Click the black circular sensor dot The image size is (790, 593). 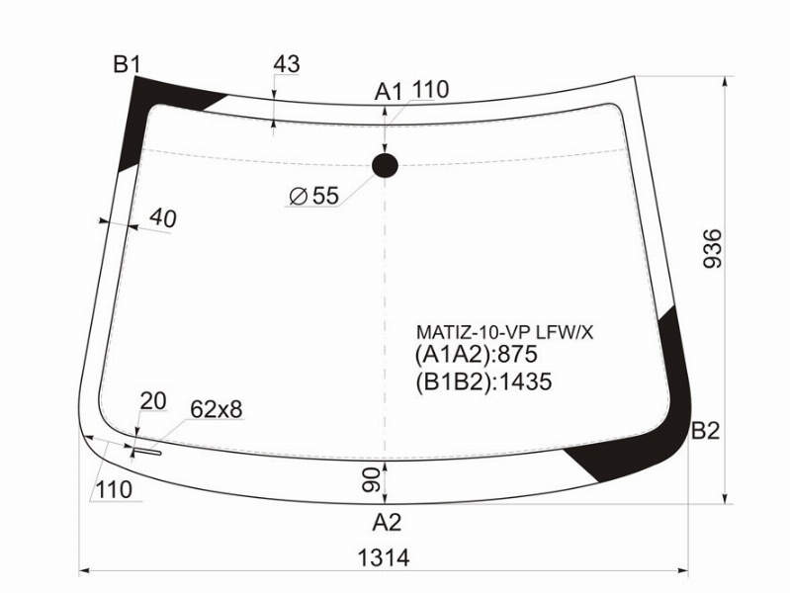[x=385, y=165]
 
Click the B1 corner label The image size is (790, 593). [x=127, y=64]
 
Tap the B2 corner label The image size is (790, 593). [x=705, y=431]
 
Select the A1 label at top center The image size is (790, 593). [x=389, y=92]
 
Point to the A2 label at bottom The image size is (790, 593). [x=387, y=523]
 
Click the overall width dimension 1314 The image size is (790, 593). [x=384, y=558]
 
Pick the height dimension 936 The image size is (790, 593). [x=713, y=248]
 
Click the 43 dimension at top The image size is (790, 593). [x=287, y=64]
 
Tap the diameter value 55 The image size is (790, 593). [x=326, y=196]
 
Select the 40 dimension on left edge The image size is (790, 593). [x=163, y=218]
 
